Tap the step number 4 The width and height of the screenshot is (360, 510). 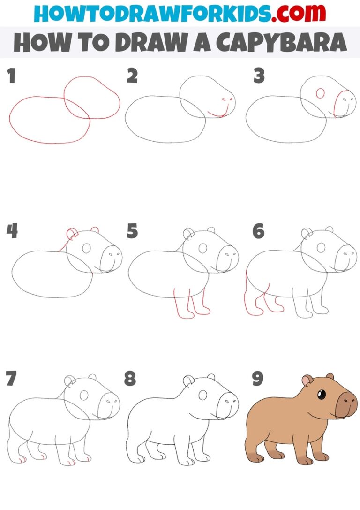(13, 231)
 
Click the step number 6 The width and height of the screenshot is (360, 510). (258, 231)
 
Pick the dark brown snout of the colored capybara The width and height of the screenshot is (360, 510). (347, 403)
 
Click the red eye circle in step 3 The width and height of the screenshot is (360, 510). (321, 93)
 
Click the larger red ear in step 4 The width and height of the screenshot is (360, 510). (72, 234)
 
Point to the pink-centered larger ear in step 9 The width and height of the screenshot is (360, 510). (307, 381)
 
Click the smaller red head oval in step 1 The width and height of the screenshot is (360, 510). (91, 98)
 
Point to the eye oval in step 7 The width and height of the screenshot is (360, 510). (84, 396)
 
